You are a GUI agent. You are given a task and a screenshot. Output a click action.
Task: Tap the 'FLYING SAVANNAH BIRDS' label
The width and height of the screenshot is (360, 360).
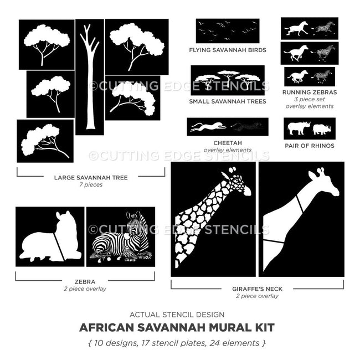[x=227, y=50]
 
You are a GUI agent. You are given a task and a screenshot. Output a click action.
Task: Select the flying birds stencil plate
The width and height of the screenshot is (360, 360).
[x=227, y=30]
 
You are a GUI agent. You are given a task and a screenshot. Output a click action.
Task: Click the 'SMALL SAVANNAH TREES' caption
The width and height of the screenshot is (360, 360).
[x=227, y=102]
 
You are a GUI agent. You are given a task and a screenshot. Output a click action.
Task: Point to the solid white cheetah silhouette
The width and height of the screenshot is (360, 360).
[x=207, y=127]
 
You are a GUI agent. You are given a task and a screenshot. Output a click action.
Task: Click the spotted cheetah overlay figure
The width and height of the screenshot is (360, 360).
[x=246, y=127]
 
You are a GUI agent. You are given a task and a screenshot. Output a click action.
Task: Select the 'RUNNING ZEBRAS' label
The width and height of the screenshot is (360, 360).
[x=309, y=92]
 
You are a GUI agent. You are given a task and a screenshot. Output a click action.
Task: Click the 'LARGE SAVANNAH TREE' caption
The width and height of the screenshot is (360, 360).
[x=91, y=178]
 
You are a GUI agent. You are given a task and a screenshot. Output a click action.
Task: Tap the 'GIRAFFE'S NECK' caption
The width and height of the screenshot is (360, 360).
[x=258, y=289]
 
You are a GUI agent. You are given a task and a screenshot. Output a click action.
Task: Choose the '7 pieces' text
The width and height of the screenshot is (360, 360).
[x=91, y=185]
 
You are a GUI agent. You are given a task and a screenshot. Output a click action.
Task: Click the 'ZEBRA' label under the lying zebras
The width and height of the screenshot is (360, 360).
[x=85, y=281]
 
